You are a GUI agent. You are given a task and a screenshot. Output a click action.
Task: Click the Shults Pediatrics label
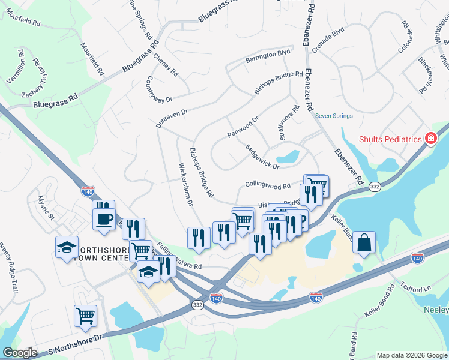tap(391, 139)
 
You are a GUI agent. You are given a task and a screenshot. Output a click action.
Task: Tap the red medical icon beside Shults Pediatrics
tap(430, 139)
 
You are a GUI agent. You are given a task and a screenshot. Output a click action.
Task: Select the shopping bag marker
tap(364, 242)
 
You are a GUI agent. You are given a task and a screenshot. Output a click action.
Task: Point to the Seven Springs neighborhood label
tap(334, 116)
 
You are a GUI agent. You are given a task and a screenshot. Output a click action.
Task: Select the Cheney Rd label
tap(166, 64)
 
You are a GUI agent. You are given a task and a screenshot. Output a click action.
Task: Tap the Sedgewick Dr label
tap(262, 157)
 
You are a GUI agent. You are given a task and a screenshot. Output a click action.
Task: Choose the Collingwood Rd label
tap(268, 185)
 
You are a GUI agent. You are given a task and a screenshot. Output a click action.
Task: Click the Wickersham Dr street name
tap(185, 184)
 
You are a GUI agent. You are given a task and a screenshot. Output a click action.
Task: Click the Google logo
tap(20, 353)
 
